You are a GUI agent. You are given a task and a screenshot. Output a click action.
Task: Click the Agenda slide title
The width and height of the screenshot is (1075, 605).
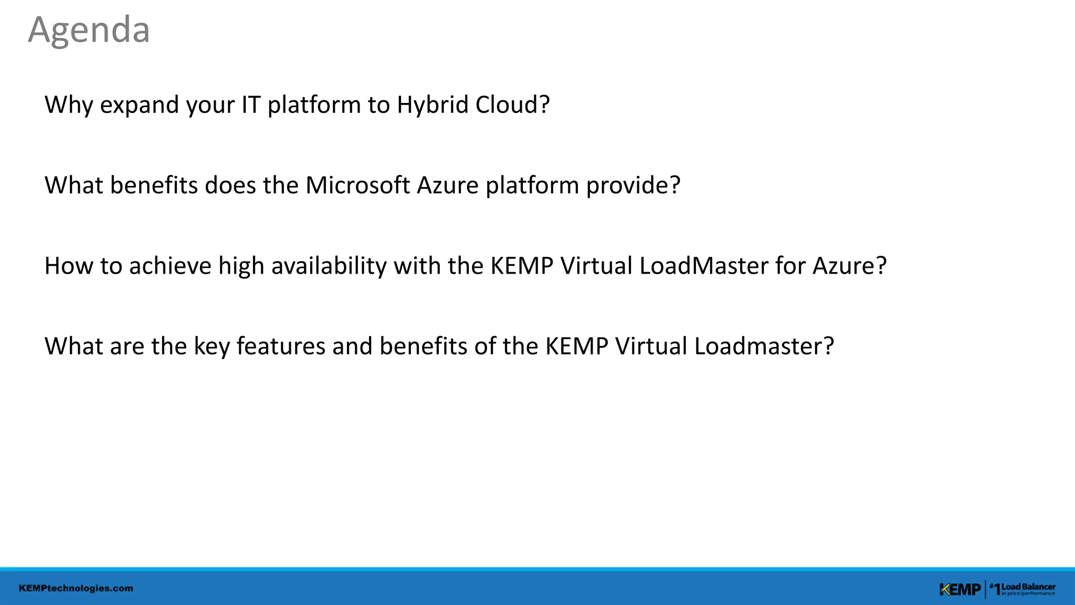click(89, 30)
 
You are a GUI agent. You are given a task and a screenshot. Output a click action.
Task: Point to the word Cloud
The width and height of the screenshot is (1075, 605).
click(512, 105)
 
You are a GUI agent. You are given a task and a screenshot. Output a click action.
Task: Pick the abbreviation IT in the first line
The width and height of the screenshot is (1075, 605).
click(251, 105)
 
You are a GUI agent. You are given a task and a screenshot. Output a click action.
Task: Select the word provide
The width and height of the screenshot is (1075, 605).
click(633, 185)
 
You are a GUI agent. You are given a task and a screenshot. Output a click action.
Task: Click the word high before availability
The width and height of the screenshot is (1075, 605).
click(241, 266)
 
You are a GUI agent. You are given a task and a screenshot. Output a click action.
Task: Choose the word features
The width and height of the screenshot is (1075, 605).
click(281, 346)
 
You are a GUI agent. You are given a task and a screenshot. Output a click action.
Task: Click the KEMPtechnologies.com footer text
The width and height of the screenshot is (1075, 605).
click(76, 588)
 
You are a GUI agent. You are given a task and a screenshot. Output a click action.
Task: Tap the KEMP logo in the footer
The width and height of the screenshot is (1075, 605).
click(960, 590)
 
